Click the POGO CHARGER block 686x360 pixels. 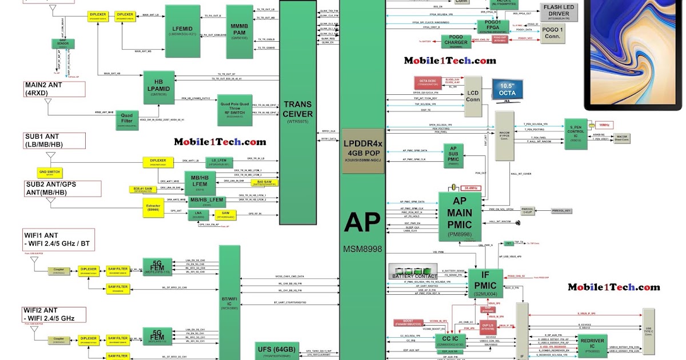coord(456,42)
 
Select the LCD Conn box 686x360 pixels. coord(472,96)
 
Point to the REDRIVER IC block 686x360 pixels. coord(591,344)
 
